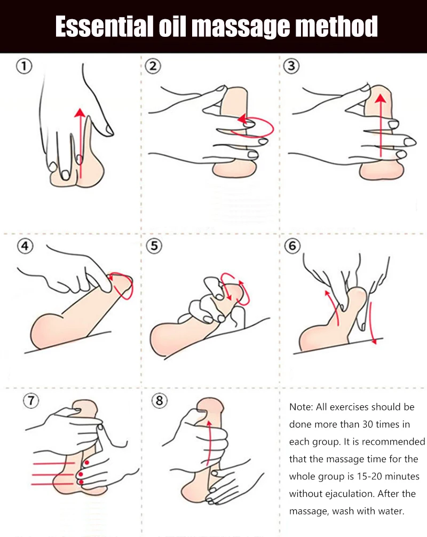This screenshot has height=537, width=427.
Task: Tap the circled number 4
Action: [x=25, y=247]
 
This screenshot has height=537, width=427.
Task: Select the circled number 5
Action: [x=154, y=247]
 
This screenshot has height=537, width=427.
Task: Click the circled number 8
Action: [x=159, y=401]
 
